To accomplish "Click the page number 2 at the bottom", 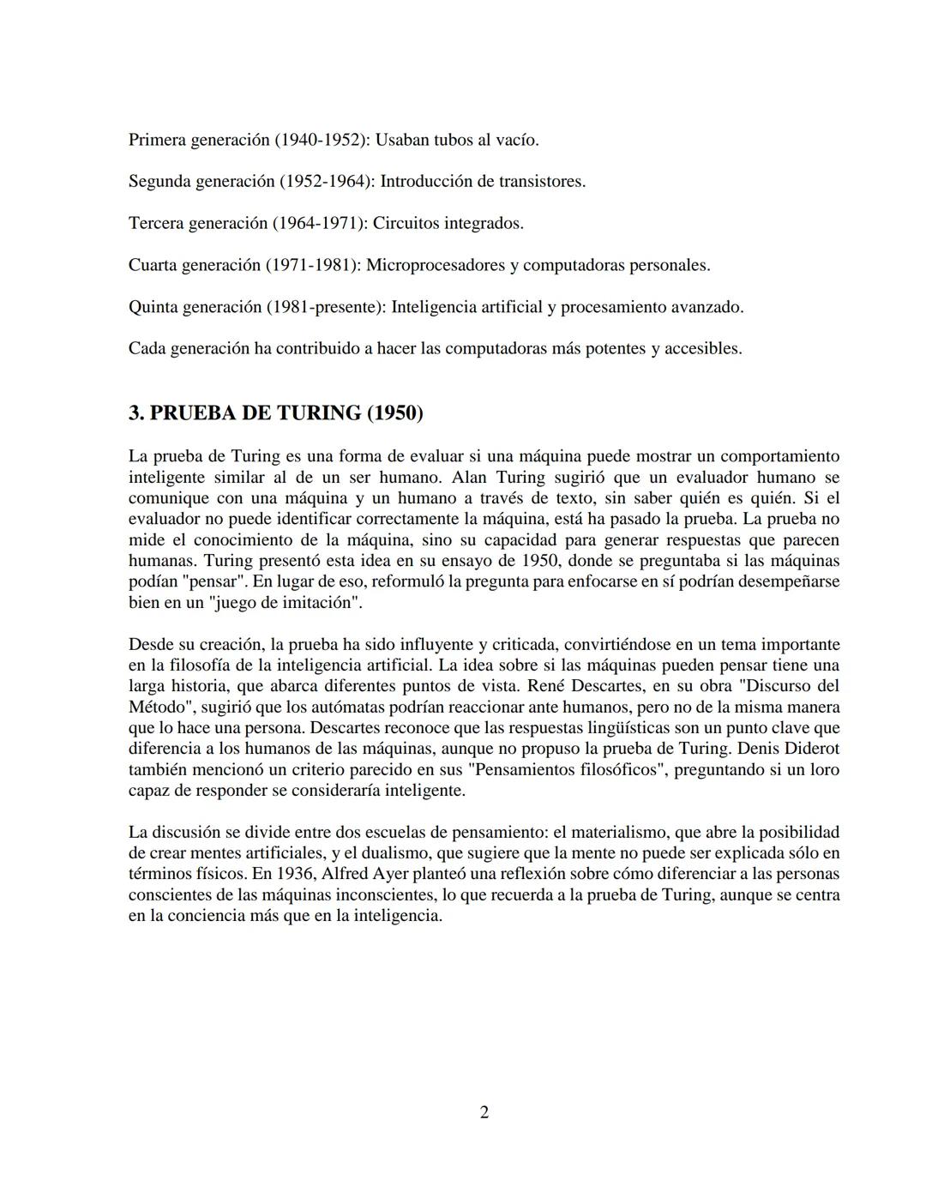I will [x=484, y=1112].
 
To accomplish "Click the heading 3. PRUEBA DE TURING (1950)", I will [x=275, y=412].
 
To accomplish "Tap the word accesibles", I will [x=703, y=348].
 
